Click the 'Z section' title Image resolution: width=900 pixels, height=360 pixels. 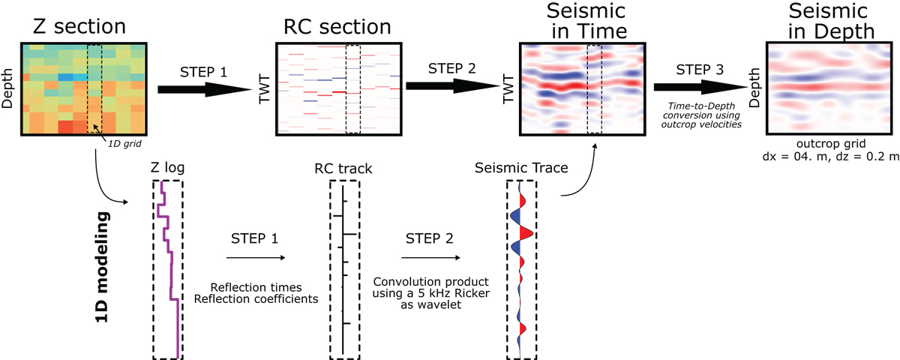79,27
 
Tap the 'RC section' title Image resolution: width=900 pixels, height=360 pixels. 337,27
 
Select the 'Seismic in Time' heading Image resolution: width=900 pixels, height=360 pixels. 586,21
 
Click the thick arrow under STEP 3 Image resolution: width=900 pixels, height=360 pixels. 700,87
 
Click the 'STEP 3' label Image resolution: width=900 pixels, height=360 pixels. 700,70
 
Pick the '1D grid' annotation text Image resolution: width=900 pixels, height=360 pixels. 124,143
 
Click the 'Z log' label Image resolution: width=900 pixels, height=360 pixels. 167,167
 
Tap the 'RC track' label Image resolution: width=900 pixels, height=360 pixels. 343,168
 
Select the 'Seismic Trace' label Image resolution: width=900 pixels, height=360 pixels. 521,167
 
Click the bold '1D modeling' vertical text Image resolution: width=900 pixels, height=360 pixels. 103,267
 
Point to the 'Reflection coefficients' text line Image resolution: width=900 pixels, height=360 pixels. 256,299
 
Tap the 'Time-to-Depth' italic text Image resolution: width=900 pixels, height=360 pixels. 701,106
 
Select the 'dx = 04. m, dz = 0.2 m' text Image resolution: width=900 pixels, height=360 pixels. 830,156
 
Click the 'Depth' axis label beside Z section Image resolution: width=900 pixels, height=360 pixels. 7,88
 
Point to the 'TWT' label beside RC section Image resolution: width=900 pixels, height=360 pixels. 263,88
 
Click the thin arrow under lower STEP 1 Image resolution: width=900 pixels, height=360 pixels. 256,257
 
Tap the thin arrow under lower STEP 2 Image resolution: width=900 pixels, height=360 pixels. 430,257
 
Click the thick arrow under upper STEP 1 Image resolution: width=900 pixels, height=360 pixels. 205,89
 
